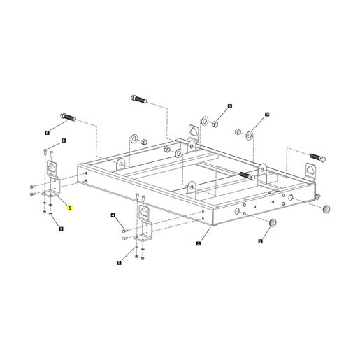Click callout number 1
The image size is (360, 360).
[x=230, y=106]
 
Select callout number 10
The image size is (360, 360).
[x=267, y=115]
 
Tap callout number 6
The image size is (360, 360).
[x=48, y=133]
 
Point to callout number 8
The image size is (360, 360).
[x=64, y=141]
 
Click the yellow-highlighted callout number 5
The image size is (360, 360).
[x=69, y=208]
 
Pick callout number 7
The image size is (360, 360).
[x=61, y=229]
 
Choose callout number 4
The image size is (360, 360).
[x=113, y=215]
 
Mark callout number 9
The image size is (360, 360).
[x=119, y=263]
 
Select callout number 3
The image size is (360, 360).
[x=199, y=243]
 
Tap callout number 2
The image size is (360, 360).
[x=260, y=241]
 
